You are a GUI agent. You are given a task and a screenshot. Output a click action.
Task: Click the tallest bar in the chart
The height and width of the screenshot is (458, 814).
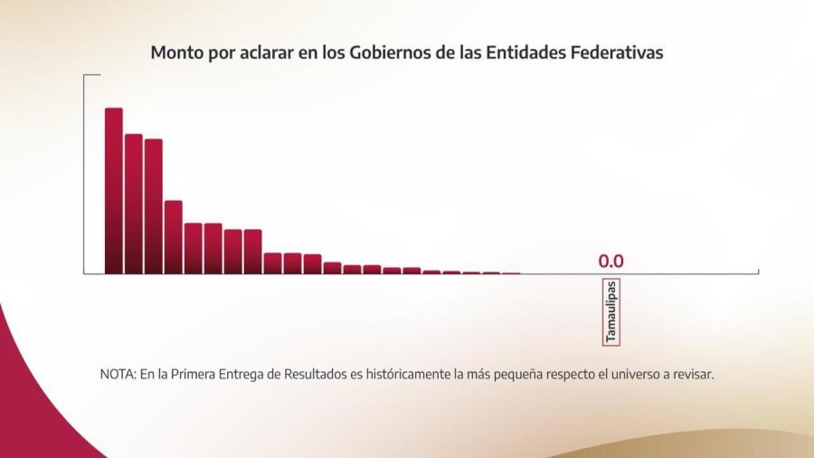[113, 191]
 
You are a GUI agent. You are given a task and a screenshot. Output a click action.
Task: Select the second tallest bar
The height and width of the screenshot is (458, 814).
[133, 204]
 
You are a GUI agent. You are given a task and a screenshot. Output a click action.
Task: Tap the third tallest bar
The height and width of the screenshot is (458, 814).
[153, 206]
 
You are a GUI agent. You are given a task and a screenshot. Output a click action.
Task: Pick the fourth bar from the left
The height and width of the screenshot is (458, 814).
[173, 237]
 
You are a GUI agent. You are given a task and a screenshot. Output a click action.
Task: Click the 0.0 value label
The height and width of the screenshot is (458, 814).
[610, 262]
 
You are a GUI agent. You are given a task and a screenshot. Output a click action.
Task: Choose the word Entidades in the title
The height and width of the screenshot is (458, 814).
[525, 52]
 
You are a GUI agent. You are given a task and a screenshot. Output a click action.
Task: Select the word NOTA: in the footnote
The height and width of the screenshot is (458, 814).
[118, 374]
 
